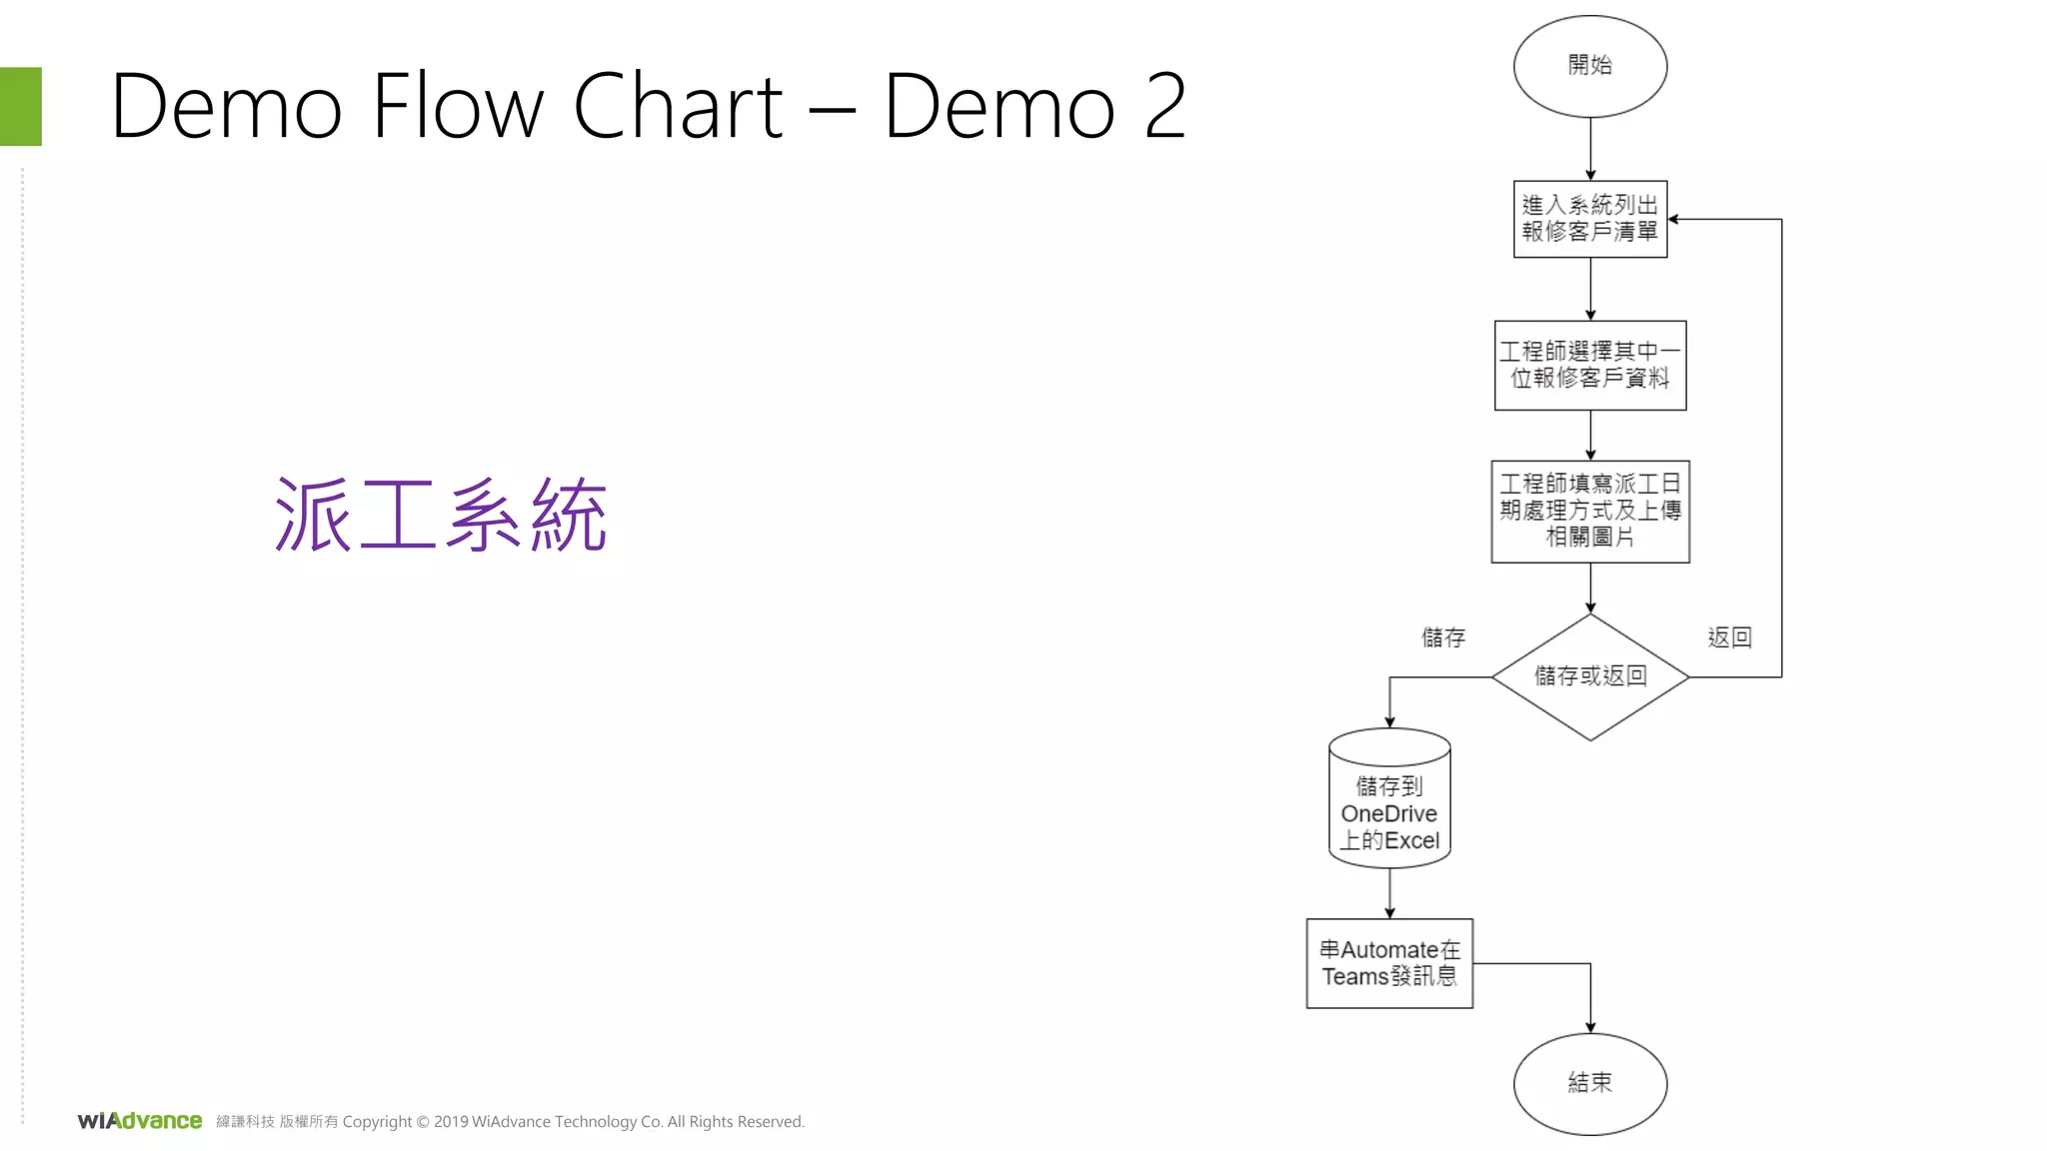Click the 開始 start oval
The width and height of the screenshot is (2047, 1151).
click(x=1589, y=66)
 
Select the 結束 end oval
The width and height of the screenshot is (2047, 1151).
click(x=1589, y=1083)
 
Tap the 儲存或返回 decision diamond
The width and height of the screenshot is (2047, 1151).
click(x=1589, y=676)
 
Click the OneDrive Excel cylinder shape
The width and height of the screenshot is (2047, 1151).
click(x=1389, y=799)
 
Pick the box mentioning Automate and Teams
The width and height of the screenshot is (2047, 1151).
click(x=1389, y=963)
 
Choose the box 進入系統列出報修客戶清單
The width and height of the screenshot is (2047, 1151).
click(x=1589, y=219)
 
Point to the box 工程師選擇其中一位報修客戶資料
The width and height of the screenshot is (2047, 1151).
click(x=1589, y=365)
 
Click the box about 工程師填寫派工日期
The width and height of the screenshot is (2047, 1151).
click(x=1589, y=511)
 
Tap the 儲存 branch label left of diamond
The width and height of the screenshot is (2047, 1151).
click(x=1443, y=637)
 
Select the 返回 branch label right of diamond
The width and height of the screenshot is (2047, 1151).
click(x=1729, y=637)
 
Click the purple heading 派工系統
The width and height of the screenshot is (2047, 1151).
click(x=441, y=515)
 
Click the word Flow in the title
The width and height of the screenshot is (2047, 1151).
click(x=458, y=106)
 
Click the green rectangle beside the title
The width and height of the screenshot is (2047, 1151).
click(x=20, y=106)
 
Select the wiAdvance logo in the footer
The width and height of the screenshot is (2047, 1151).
click(x=140, y=1121)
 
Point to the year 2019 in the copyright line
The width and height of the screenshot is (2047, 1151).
click(x=450, y=1122)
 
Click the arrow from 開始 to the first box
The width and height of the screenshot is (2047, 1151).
click(x=1590, y=148)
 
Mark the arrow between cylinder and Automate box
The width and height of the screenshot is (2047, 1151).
click(x=1389, y=892)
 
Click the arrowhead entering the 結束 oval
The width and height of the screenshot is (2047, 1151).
click(x=1590, y=1027)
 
